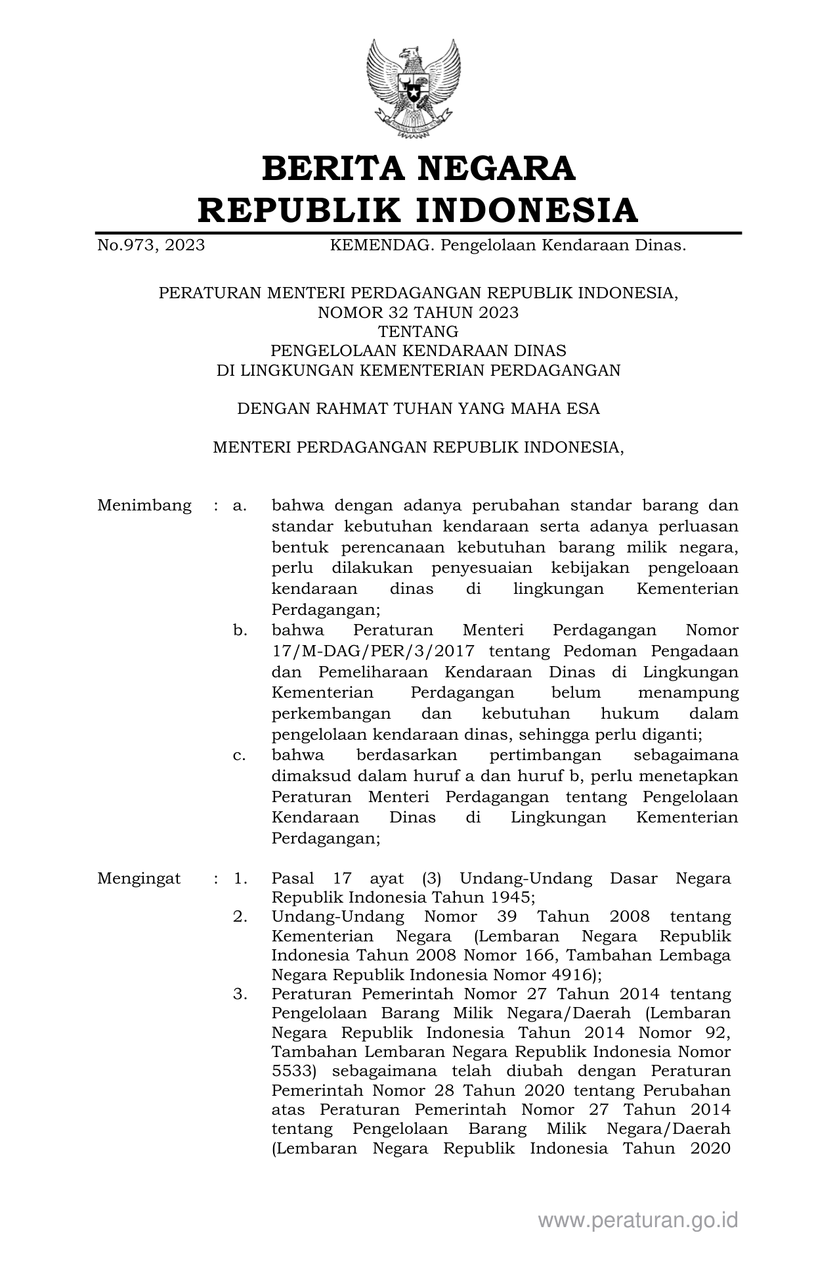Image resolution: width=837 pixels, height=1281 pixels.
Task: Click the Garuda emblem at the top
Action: point(414,88)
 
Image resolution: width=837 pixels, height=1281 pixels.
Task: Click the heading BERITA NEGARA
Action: point(418,168)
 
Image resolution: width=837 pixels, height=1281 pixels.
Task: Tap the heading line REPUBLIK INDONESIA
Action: point(418,210)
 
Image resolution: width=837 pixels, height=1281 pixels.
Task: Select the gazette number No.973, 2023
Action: point(151,246)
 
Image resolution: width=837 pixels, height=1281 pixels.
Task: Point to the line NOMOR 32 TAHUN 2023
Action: point(418,313)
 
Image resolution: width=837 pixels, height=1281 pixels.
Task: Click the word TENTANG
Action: point(418,332)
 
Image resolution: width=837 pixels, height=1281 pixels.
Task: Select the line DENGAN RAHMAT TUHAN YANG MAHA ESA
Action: point(418,409)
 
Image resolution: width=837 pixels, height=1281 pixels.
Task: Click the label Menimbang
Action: point(144,506)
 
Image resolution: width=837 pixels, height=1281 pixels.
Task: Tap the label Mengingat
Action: point(139,879)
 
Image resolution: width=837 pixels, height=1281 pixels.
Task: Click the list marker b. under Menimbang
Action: point(240,631)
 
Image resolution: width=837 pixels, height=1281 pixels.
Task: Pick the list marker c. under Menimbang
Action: point(240,755)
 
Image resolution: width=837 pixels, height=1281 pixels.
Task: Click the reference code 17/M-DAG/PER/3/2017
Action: point(370,652)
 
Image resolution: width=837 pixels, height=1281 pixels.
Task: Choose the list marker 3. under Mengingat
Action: point(240,995)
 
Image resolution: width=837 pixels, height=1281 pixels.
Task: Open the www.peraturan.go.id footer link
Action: point(638,1221)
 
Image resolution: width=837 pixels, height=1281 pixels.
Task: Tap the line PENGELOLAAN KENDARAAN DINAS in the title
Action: point(418,351)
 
